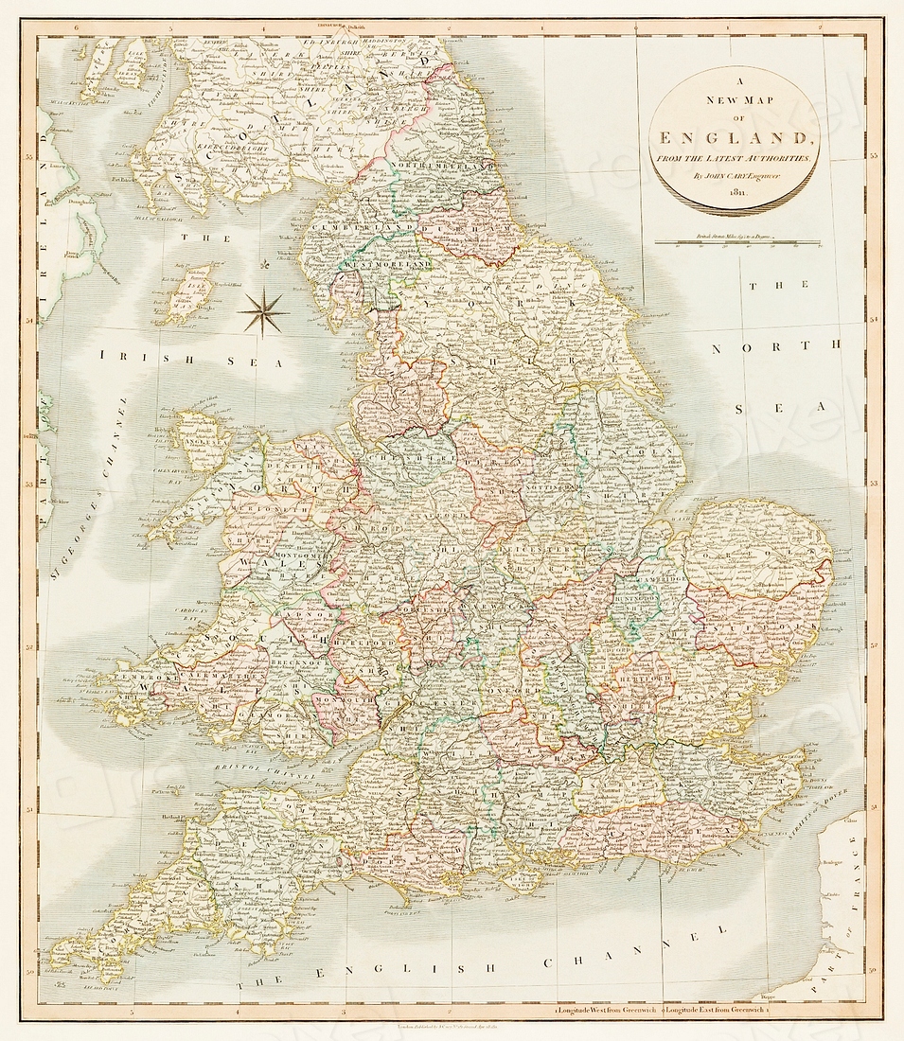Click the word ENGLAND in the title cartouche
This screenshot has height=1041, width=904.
click(734, 137)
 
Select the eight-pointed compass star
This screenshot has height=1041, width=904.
click(263, 312)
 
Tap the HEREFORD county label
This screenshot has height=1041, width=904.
click(367, 642)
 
